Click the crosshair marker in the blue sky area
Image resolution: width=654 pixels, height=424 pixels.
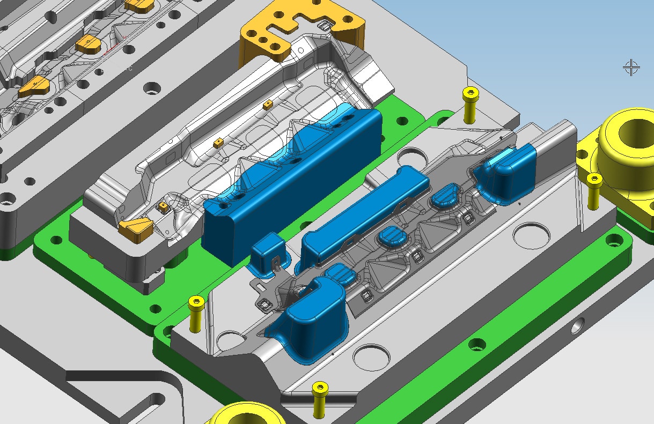pyautogui.click(x=631, y=68)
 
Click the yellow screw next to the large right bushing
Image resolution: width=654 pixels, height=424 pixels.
pyautogui.click(x=593, y=190)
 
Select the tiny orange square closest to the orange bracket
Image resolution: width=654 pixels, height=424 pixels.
pyautogui.click(x=268, y=105)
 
